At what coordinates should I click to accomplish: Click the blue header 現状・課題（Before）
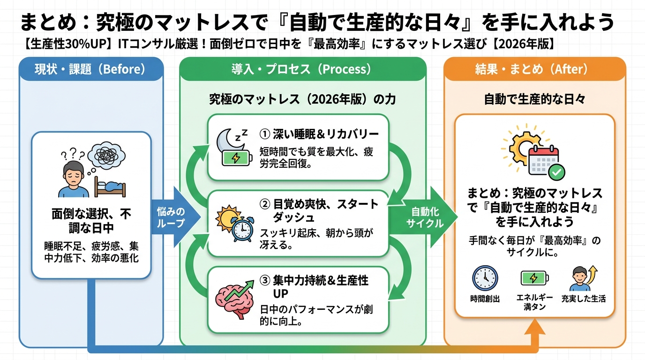pos(90,69)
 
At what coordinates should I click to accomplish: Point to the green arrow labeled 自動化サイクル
pos(424,217)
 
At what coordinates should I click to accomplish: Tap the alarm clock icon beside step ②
pos(242,229)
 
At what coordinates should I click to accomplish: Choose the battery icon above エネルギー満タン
pos(534,278)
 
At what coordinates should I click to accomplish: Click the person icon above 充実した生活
pos(580,278)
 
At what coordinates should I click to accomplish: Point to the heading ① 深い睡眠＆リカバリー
pos(319,135)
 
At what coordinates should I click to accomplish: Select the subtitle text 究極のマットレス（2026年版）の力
pos(302,99)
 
